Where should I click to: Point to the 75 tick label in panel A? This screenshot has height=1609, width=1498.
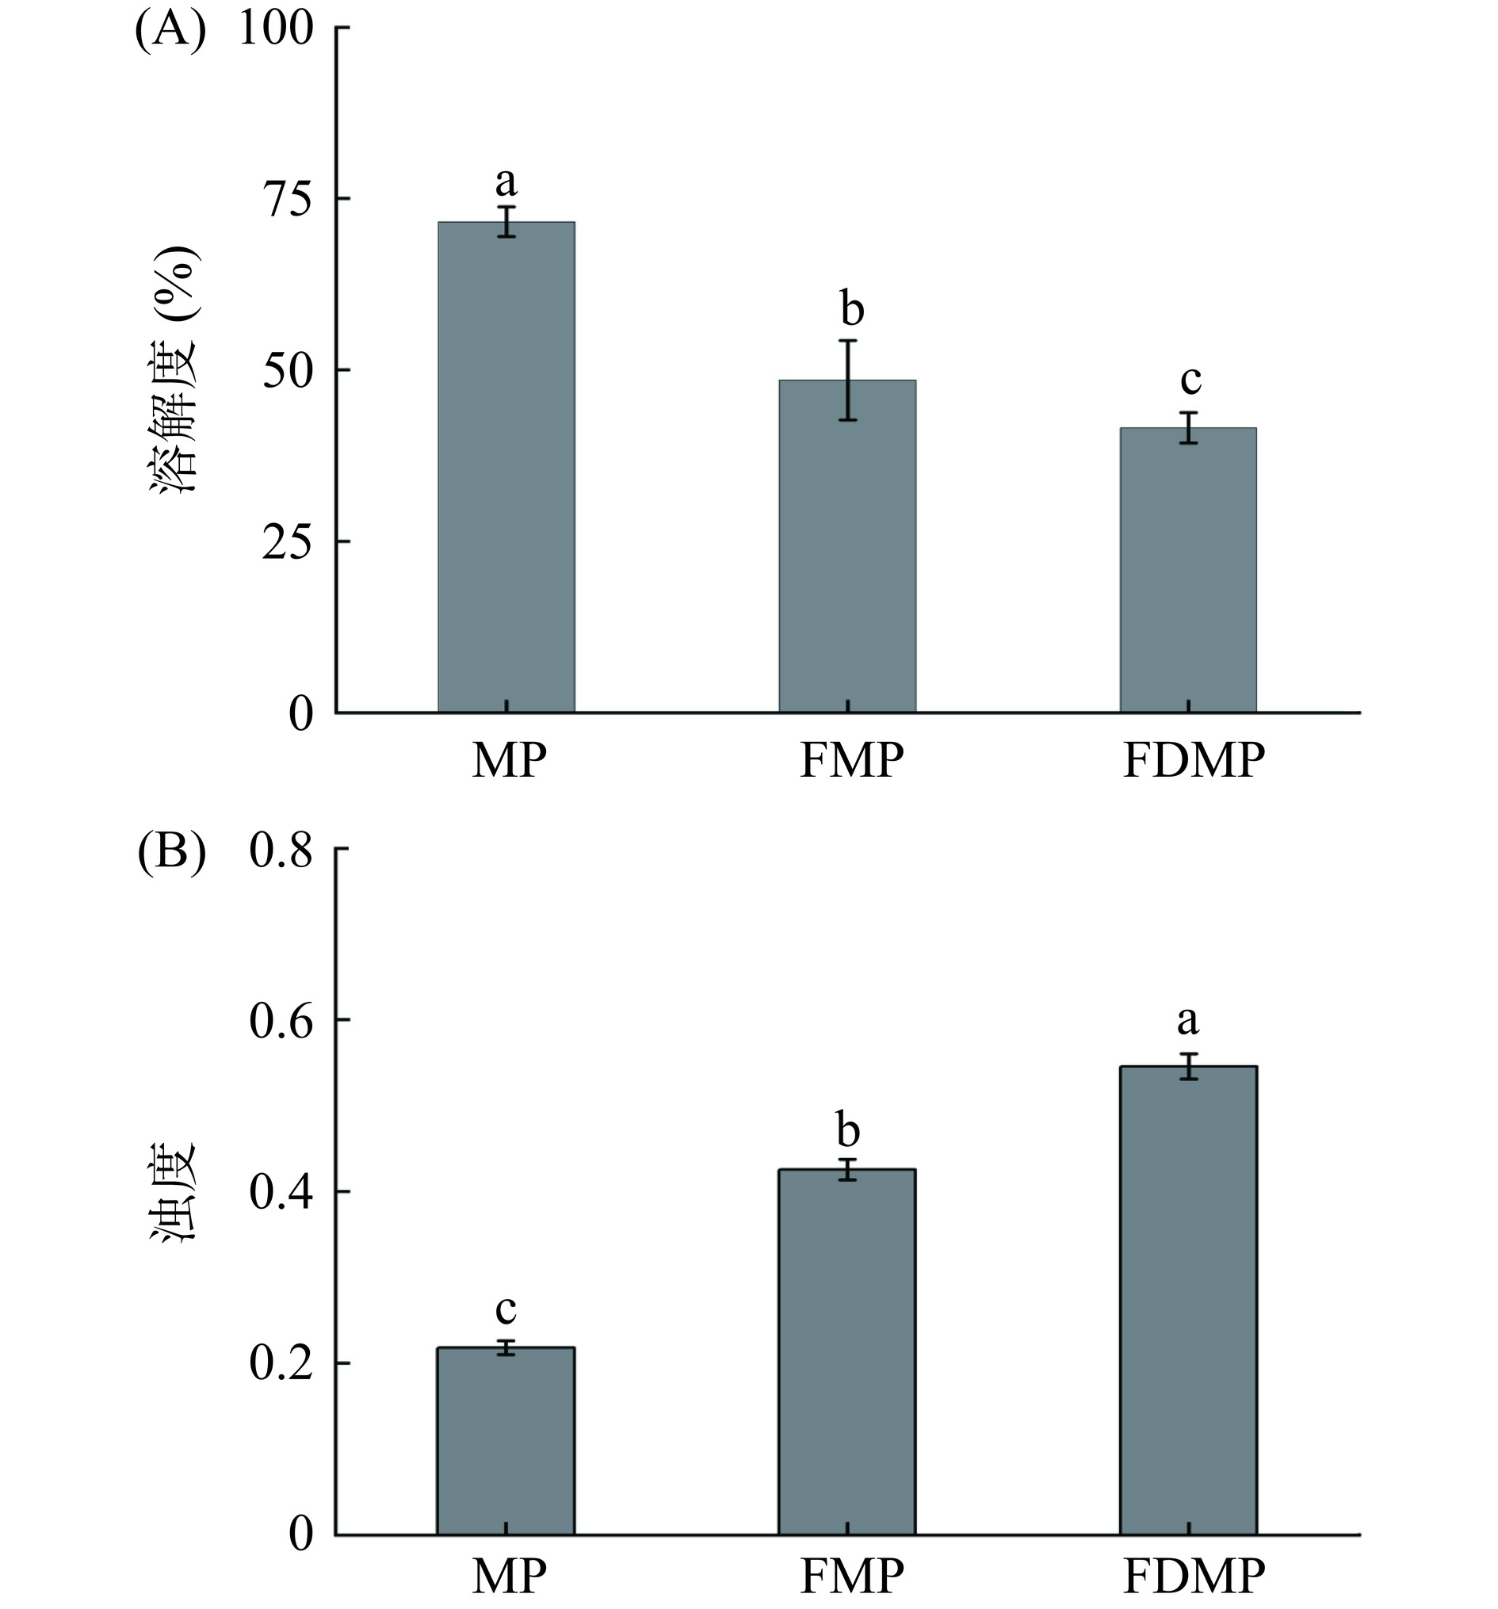[286, 199]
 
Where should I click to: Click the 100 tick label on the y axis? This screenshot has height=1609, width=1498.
[276, 29]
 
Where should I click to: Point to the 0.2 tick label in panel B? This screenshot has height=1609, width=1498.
[280, 1364]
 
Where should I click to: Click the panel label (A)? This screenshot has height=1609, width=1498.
[170, 32]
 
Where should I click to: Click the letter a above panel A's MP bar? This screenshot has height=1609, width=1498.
[506, 183]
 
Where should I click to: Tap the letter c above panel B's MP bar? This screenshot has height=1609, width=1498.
[506, 1309]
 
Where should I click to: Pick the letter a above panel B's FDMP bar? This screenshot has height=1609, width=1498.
[1187, 1021]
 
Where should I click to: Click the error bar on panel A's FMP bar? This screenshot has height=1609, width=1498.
[847, 380]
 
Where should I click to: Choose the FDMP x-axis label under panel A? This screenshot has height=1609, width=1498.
[1193, 762]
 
